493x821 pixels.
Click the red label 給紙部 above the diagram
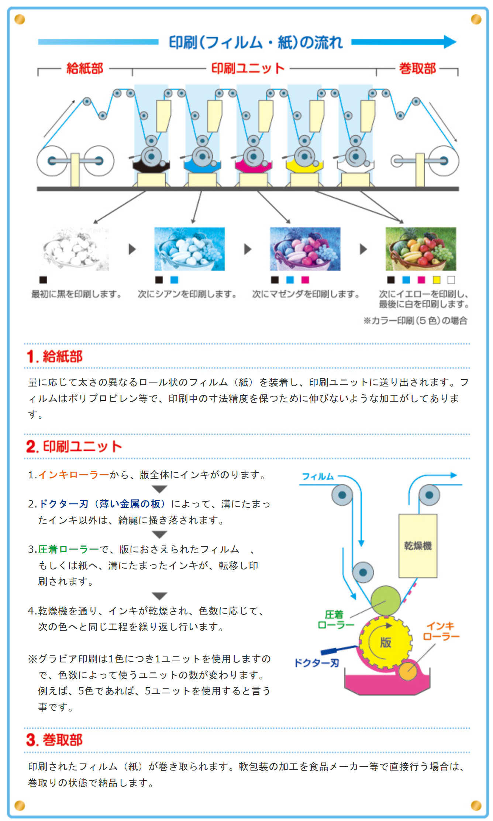click(x=85, y=68)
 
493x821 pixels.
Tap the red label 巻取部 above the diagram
click(x=417, y=68)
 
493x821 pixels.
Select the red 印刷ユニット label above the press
click(x=248, y=68)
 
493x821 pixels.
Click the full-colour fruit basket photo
click(x=421, y=249)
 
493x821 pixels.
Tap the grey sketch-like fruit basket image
click(x=76, y=249)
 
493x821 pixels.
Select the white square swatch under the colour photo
click(x=451, y=280)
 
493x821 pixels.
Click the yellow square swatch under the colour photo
click(x=437, y=280)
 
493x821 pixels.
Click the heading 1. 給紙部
click(x=55, y=356)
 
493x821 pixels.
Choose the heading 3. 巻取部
click(x=54, y=740)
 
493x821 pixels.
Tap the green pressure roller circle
click(x=386, y=600)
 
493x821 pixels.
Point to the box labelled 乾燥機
click(x=418, y=546)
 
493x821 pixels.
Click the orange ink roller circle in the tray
click(x=408, y=672)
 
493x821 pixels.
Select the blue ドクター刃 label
click(x=316, y=663)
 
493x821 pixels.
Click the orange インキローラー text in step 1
click(x=74, y=475)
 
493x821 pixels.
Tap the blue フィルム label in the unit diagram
click(x=318, y=477)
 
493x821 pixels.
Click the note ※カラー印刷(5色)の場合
click(x=416, y=321)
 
